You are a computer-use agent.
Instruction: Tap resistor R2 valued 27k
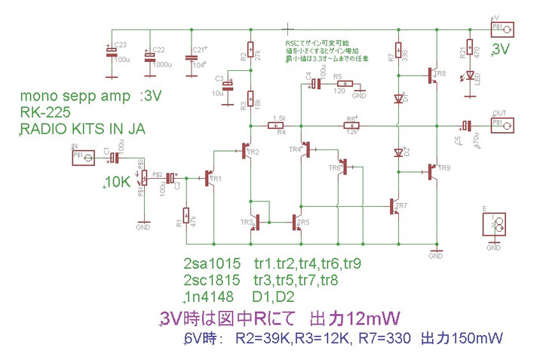(250, 54)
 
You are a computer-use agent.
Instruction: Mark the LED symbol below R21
(470, 75)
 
